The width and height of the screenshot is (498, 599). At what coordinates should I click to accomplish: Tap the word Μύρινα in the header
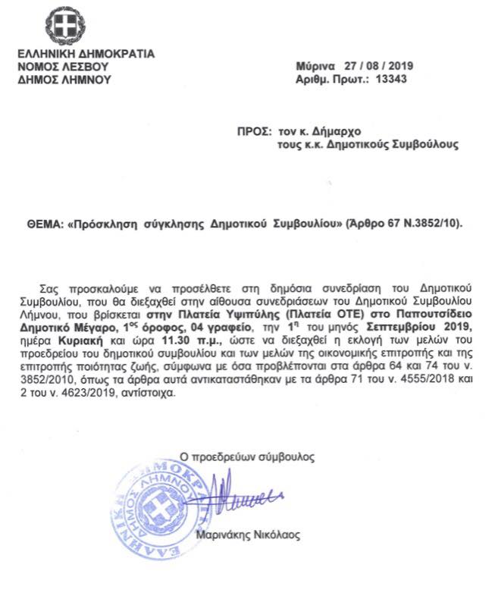pos(312,66)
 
